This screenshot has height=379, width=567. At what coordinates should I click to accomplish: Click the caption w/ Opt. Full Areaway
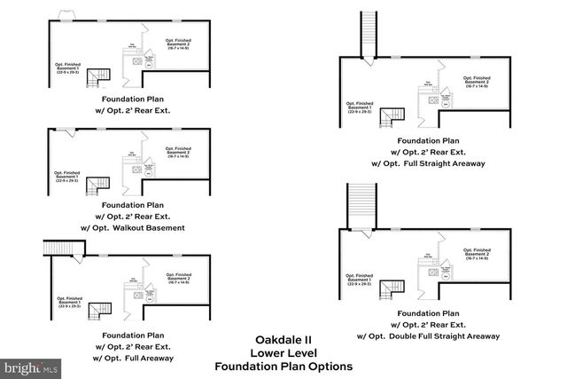132,358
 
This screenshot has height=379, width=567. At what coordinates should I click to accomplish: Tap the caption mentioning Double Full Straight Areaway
427,336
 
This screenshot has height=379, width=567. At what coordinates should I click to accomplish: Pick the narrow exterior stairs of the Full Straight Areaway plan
368,33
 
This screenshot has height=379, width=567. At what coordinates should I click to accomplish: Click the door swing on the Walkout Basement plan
69,132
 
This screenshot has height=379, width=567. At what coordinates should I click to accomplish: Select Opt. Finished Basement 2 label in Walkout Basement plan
178,150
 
